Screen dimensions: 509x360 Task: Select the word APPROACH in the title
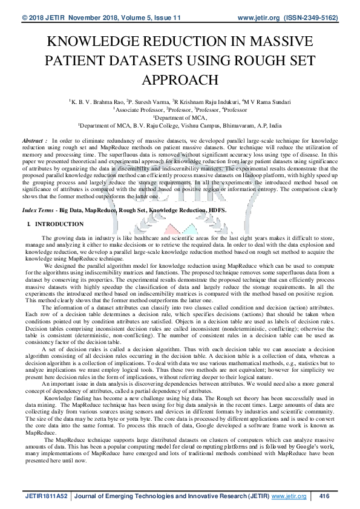(180, 80)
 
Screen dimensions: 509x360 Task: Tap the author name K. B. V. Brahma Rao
(96, 102)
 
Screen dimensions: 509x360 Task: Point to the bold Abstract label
(33, 140)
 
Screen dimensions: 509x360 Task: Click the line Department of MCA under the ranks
(180, 118)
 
